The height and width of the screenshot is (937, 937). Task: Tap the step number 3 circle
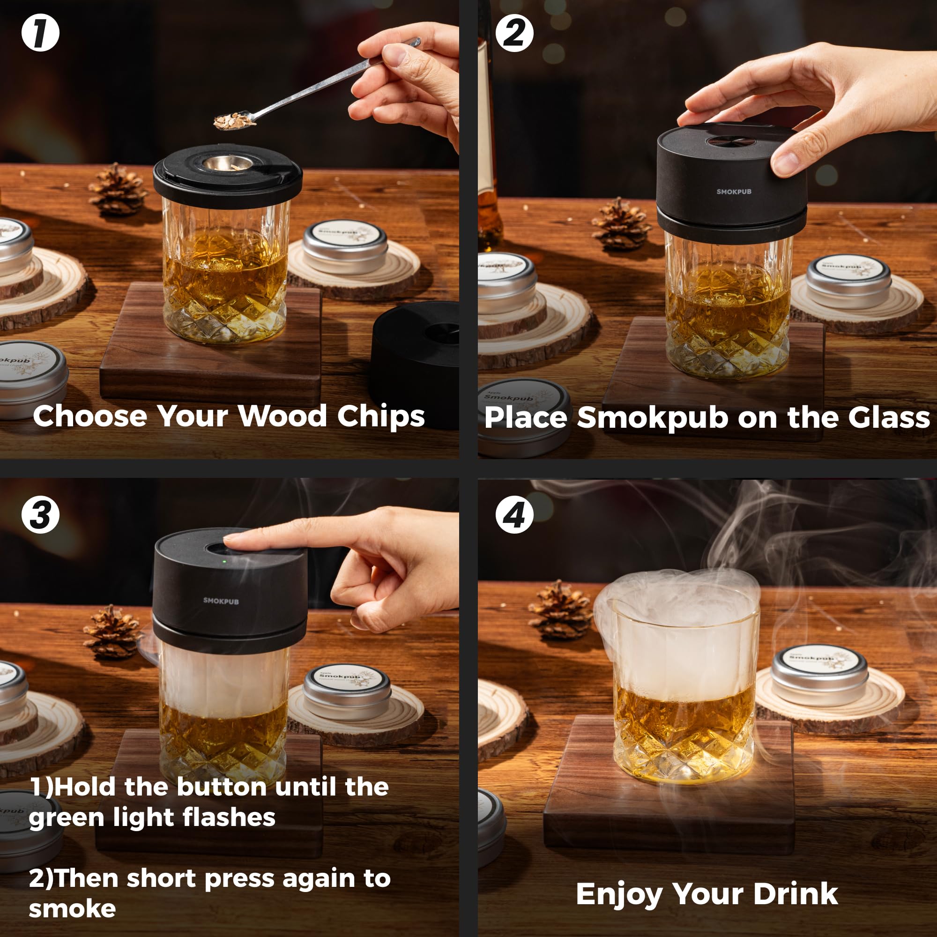pos(40,514)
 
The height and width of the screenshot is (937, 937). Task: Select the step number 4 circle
pos(514,514)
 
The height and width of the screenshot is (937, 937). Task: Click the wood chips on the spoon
pos(233,121)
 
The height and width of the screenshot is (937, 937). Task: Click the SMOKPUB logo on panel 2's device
pos(733,192)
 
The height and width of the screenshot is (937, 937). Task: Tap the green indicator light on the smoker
pos(224,562)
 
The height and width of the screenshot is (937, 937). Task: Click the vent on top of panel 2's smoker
pos(728,141)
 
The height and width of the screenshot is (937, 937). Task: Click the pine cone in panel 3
pos(112,632)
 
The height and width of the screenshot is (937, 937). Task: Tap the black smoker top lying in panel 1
pos(417,359)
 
